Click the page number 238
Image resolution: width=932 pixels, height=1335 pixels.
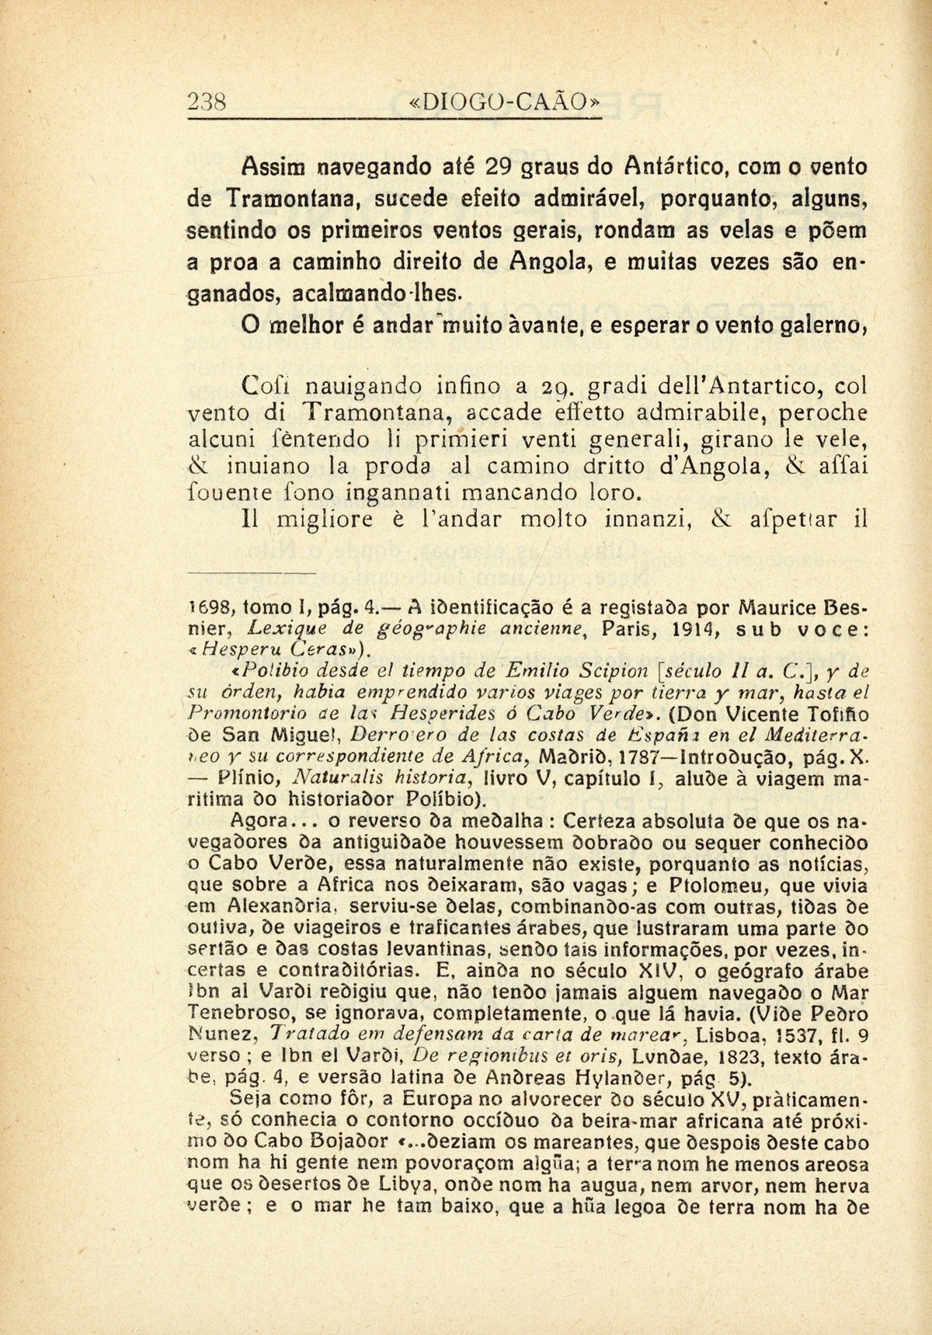207,102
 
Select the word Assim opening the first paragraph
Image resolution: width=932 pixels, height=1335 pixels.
265,166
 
